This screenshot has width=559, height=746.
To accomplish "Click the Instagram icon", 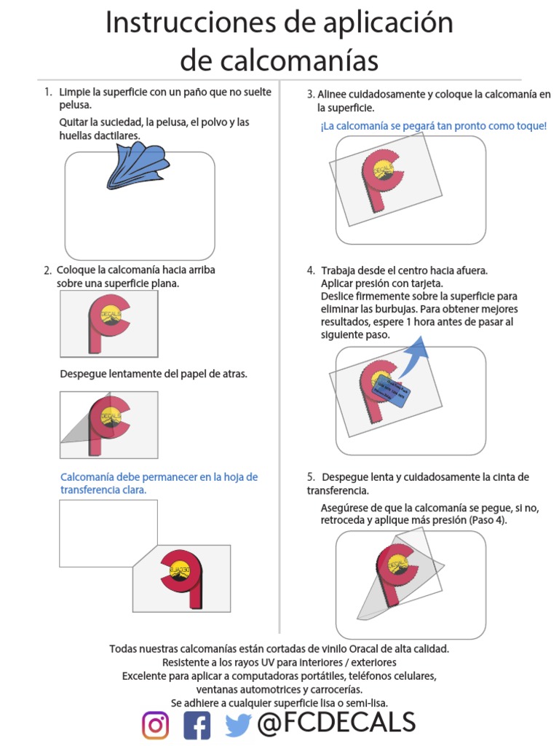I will click(155, 725).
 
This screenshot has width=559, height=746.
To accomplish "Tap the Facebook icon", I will click(197, 725).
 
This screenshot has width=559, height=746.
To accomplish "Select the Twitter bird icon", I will click(238, 724).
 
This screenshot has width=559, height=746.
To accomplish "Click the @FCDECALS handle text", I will click(336, 723).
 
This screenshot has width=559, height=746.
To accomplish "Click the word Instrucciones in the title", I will click(191, 23).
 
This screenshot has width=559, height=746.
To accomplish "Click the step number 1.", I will click(47, 93).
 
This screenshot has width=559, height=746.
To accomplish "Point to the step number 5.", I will click(311, 477).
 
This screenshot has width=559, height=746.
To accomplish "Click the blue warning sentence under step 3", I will click(433, 126).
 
